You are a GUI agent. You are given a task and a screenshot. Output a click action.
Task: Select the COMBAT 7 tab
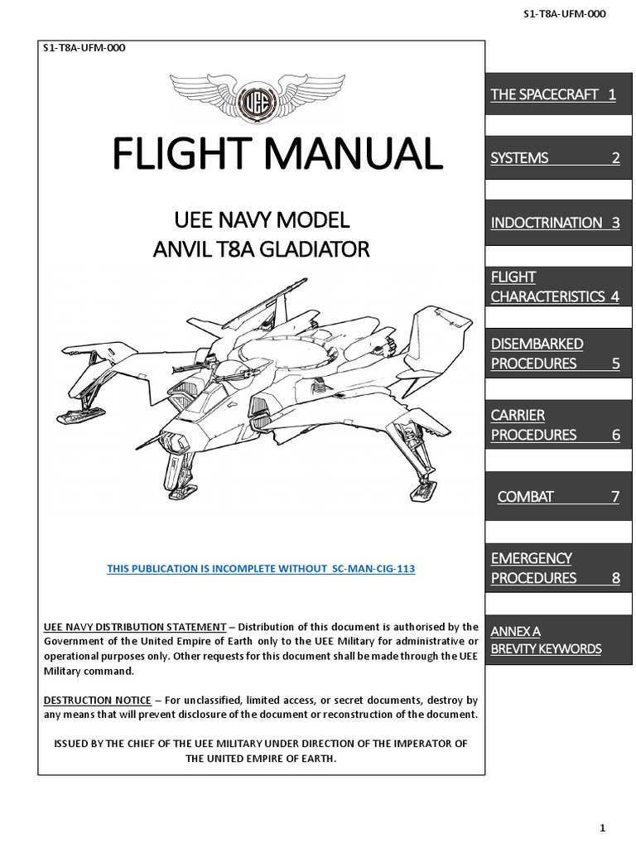click(558, 497)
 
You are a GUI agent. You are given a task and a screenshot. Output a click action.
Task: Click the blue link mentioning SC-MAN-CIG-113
click(261, 569)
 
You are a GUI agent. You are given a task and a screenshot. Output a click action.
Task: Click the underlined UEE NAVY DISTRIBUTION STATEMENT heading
click(134, 627)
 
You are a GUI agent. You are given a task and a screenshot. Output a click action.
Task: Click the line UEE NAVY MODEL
click(261, 221)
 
